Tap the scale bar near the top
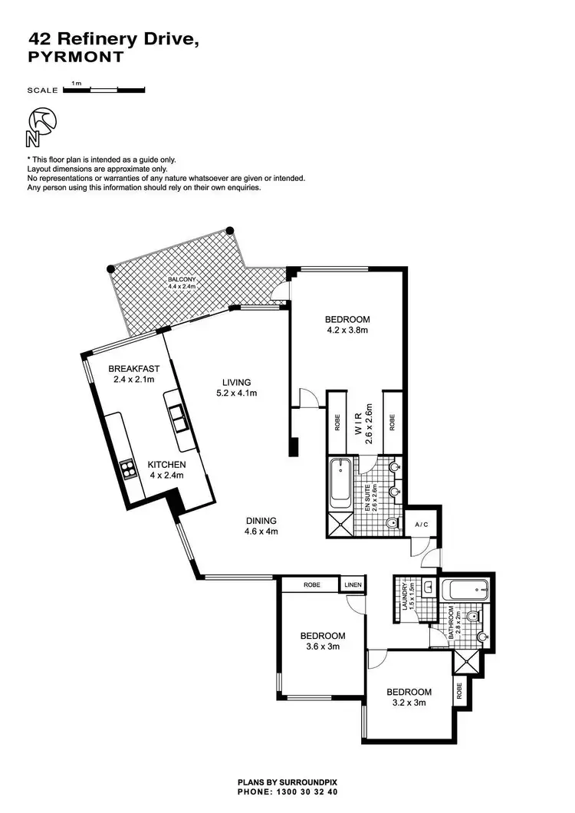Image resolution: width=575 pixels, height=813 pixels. [103, 90]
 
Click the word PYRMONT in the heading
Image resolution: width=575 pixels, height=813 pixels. [75, 57]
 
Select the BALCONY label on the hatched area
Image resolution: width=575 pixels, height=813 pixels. [183, 283]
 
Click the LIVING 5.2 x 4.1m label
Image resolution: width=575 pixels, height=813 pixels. [237, 387]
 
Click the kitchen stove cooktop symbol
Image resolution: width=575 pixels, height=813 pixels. [127, 468]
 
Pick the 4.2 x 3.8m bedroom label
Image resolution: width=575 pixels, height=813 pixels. [347, 325]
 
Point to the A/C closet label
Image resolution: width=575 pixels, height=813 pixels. [421, 525]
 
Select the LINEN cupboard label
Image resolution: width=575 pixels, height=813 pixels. [353, 584]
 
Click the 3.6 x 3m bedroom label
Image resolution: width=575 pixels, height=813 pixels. [322, 640]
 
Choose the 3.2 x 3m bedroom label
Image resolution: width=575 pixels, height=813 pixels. [409, 696]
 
